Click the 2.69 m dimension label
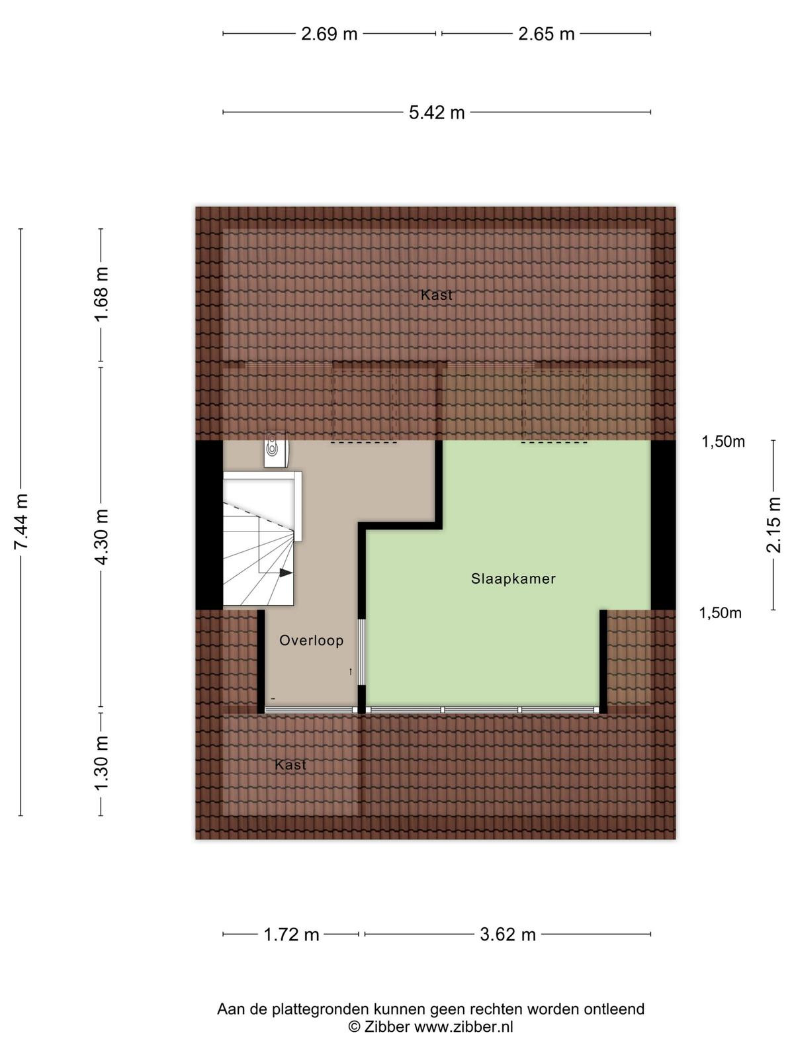pos(330,34)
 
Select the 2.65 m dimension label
pos(547,34)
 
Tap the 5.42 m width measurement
pos(437,113)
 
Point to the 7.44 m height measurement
pos(21,522)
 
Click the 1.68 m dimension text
pos(102,295)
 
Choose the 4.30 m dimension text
pos(102,537)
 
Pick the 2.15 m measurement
pos(773,525)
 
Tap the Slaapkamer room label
pos(513,578)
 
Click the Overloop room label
pos(312,641)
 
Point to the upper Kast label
pos(436,295)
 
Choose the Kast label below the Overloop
pos(290,764)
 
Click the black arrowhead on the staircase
pos(286,573)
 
